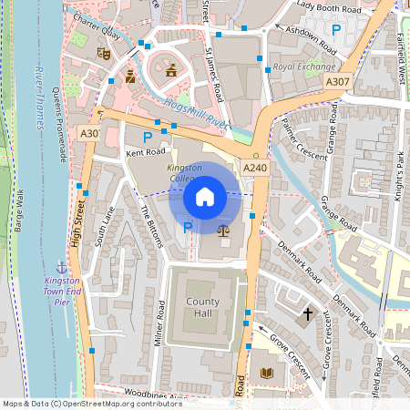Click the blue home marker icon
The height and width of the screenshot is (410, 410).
click(205, 196)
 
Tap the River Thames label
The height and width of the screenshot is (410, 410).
click(40, 97)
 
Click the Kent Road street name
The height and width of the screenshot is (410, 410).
click(146, 152)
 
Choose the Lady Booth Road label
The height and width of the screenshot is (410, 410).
click(329, 8)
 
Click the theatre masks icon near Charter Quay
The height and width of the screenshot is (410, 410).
click(104, 55)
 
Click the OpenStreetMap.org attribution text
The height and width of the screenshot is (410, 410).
click(124, 404)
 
